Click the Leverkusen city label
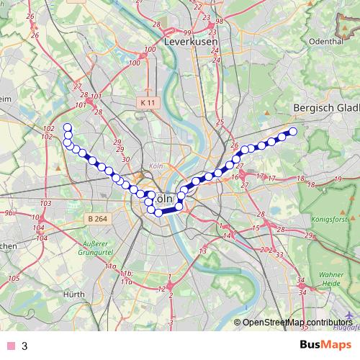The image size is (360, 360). click(x=192, y=42)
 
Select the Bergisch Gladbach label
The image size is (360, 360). click(x=327, y=107)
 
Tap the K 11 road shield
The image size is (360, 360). click(x=148, y=103)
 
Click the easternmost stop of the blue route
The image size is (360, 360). click(x=293, y=131)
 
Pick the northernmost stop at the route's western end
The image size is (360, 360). click(x=68, y=127)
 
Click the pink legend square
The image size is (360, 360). click(x=10, y=346)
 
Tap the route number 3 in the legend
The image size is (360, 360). click(x=24, y=346)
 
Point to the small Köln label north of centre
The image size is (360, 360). click(x=153, y=166)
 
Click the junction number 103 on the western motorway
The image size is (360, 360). click(x=45, y=204)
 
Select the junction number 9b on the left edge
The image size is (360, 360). click(x=8, y=213)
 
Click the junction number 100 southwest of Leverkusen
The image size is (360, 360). click(x=150, y=50)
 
